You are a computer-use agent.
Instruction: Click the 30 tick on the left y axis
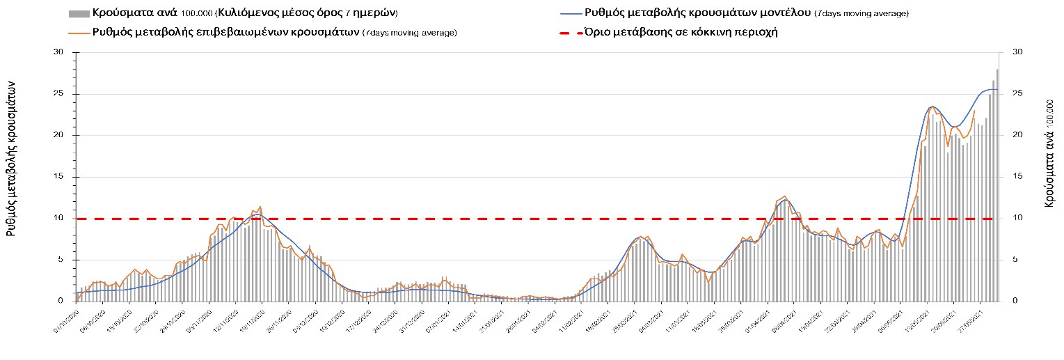(58, 52)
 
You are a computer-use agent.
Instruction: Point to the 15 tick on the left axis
(58, 177)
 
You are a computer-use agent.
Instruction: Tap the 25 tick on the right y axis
(1017, 94)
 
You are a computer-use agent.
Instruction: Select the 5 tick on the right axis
(1015, 260)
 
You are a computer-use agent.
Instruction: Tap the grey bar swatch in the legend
(79, 13)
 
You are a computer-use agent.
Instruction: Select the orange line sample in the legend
(79, 32)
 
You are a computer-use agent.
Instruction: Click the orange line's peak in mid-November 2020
(260, 207)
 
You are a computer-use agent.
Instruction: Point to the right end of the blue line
(998, 90)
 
